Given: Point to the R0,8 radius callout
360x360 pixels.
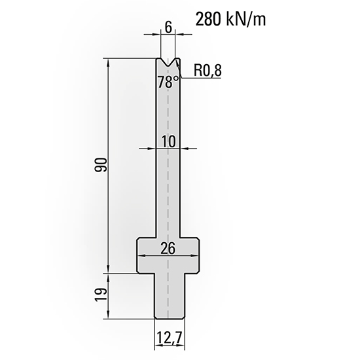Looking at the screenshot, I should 209,71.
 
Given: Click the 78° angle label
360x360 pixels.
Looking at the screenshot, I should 168,82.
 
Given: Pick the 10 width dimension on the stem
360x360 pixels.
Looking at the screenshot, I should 169,141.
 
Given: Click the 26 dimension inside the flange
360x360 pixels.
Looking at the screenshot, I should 168,247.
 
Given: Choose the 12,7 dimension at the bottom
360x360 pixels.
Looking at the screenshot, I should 169,338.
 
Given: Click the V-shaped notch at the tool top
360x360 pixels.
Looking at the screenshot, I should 169,63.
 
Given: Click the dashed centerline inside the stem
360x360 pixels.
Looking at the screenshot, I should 169,196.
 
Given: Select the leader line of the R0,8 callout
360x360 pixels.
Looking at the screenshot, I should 190,77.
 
